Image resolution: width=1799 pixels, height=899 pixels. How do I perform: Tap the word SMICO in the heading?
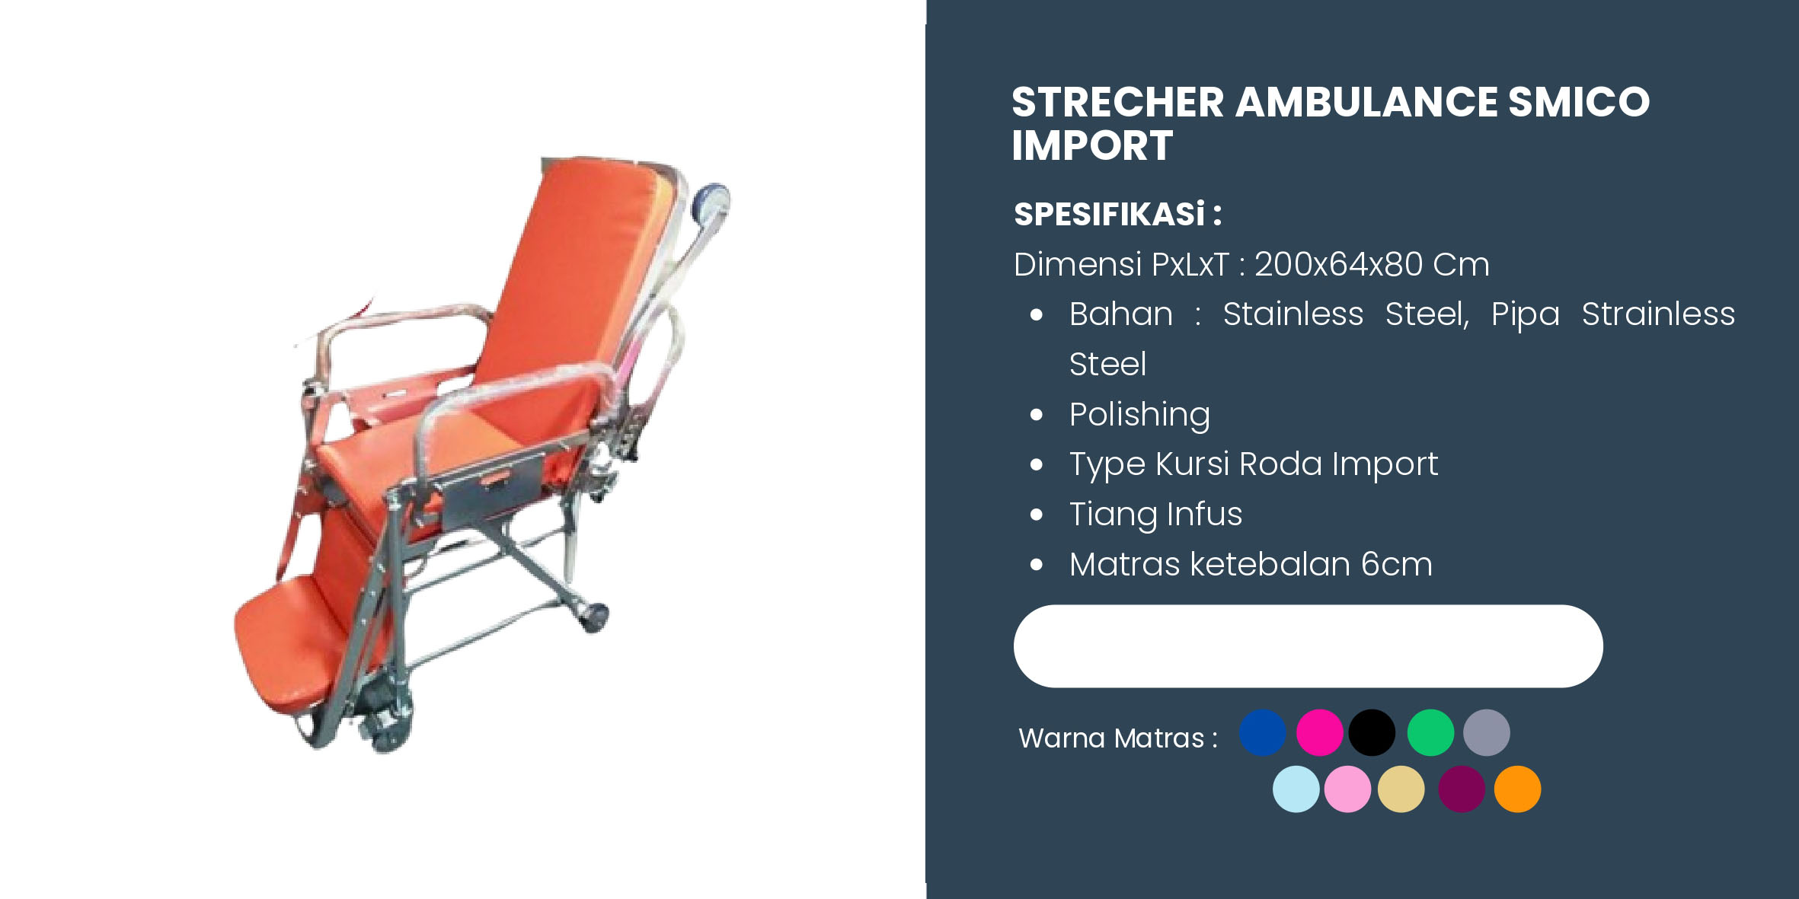tap(1579, 102)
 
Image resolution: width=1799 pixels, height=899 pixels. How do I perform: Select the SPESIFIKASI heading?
tap(1117, 215)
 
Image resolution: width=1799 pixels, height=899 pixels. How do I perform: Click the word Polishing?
tap(1139, 415)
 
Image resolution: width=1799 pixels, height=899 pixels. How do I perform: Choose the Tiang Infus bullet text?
tap(1155, 514)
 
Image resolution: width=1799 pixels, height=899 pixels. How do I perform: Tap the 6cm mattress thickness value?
tap(1397, 564)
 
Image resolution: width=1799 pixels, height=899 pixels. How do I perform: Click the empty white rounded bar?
tap(1308, 646)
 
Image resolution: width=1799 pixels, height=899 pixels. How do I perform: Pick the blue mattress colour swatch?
tap(1262, 732)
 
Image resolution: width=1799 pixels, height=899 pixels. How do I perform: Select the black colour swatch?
tap(1372, 732)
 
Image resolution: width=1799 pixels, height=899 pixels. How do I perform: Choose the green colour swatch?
tap(1430, 732)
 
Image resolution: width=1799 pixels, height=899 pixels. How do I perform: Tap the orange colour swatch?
tap(1517, 789)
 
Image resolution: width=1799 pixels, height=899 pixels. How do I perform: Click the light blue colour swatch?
tap(1296, 789)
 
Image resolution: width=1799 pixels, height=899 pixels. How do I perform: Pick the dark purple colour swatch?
tap(1462, 789)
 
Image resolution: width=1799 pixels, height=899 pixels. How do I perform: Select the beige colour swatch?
tap(1401, 789)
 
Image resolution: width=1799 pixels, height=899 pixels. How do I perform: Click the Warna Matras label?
tap(1117, 738)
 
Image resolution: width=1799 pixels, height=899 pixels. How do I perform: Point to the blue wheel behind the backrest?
tap(711, 202)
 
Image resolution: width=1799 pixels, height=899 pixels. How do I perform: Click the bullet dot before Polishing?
tap(1036, 415)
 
